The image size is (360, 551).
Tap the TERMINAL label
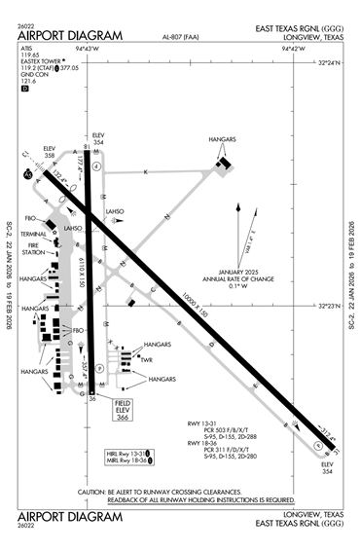tap(35, 234)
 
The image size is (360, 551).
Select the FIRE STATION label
tap(35, 250)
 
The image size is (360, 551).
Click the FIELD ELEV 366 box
tap(124, 412)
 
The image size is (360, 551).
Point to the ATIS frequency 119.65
tap(27, 56)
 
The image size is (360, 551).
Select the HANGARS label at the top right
tap(223, 140)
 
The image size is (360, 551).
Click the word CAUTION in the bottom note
tap(93, 493)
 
